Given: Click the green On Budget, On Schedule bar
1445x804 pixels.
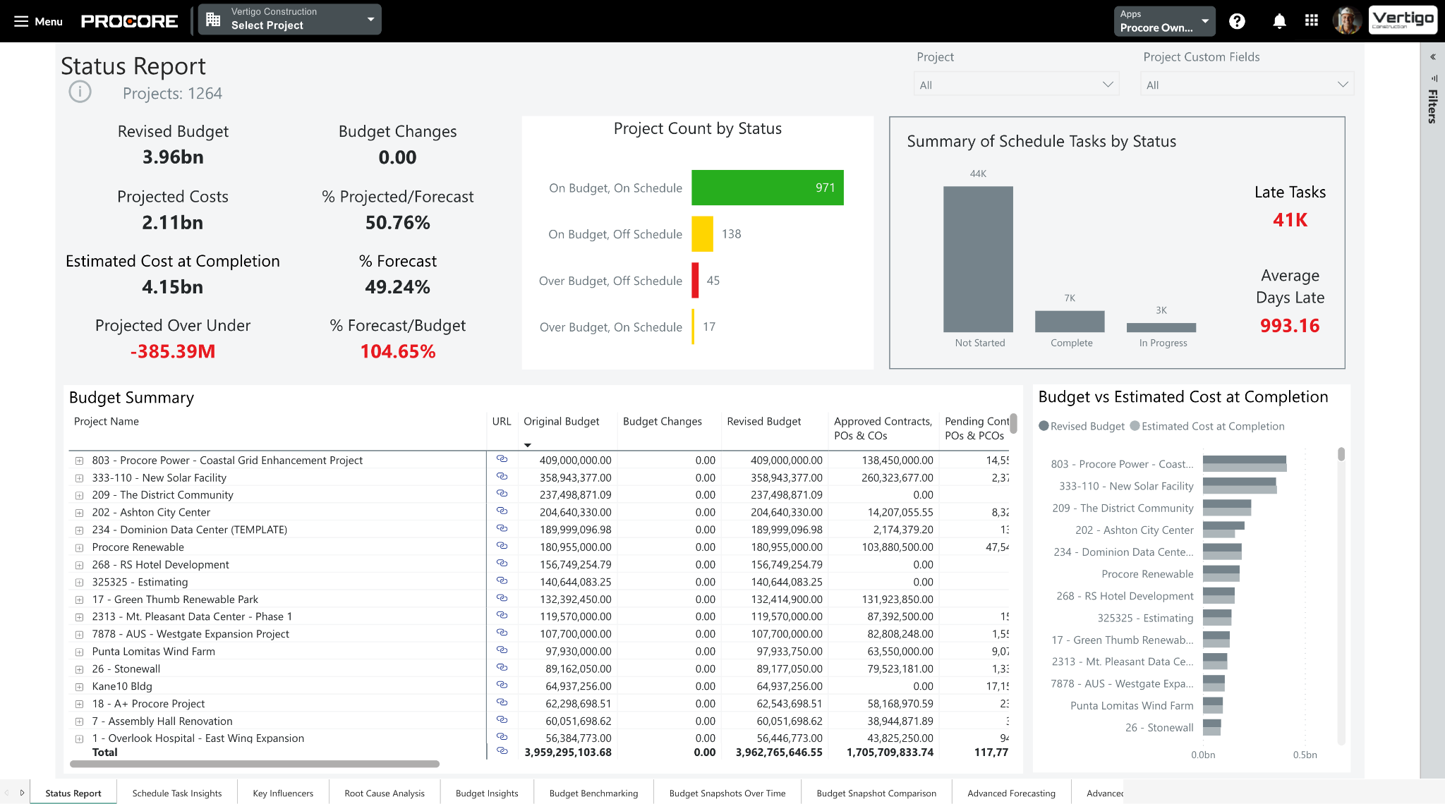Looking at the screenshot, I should [x=767, y=188].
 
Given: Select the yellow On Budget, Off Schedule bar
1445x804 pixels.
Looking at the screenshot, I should [x=702, y=234].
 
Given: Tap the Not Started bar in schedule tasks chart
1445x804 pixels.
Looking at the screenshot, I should [x=978, y=259].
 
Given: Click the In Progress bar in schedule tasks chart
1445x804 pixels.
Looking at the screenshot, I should [x=1161, y=327].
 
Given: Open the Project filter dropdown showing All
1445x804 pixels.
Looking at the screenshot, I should [x=1016, y=85].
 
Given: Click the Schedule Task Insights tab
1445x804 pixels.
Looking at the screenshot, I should [x=177, y=793].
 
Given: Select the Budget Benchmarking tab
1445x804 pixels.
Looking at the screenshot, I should [x=593, y=793].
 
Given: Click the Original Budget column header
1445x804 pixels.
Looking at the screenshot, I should [x=561, y=421].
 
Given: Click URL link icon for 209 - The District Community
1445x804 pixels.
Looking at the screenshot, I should [x=502, y=494].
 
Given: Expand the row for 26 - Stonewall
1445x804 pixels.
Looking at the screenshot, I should [x=80, y=669].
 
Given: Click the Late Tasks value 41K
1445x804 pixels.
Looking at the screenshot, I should [x=1290, y=220].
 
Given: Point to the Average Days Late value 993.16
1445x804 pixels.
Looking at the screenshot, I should [x=1290, y=326].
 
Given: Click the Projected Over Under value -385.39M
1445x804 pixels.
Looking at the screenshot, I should [x=173, y=351].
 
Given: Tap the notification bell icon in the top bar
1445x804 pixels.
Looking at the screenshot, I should [x=1279, y=21].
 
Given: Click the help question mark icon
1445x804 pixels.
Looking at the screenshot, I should [x=1237, y=21].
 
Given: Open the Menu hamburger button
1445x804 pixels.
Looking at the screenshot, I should [x=38, y=21].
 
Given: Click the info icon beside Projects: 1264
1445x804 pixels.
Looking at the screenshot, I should [x=80, y=92].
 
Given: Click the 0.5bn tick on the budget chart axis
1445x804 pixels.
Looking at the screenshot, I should [x=1305, y=755].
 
